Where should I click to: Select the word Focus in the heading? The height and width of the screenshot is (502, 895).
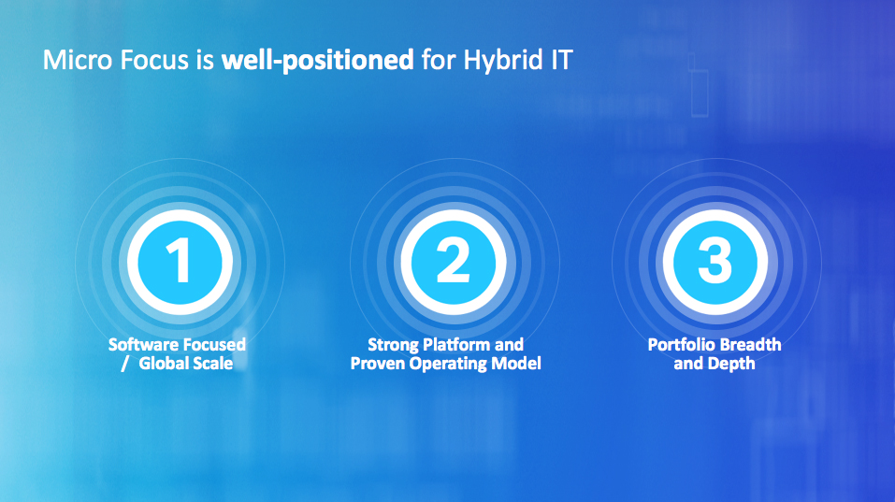click(x=154, y=60)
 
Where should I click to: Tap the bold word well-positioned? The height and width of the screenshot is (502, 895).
click(x=317, y=61)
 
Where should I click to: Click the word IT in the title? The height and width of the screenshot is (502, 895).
click(x=562, y=60)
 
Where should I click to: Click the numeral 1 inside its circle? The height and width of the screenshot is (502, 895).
click(x=180, y=260)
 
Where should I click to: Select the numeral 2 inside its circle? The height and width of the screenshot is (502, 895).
click(x=454, y=260)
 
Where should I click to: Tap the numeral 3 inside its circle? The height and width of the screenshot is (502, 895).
click(x=715, y=260)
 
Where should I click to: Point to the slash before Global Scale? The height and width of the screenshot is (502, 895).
click(x=125, y=364)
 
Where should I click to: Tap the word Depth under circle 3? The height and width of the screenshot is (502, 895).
click(x=733, y=364)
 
